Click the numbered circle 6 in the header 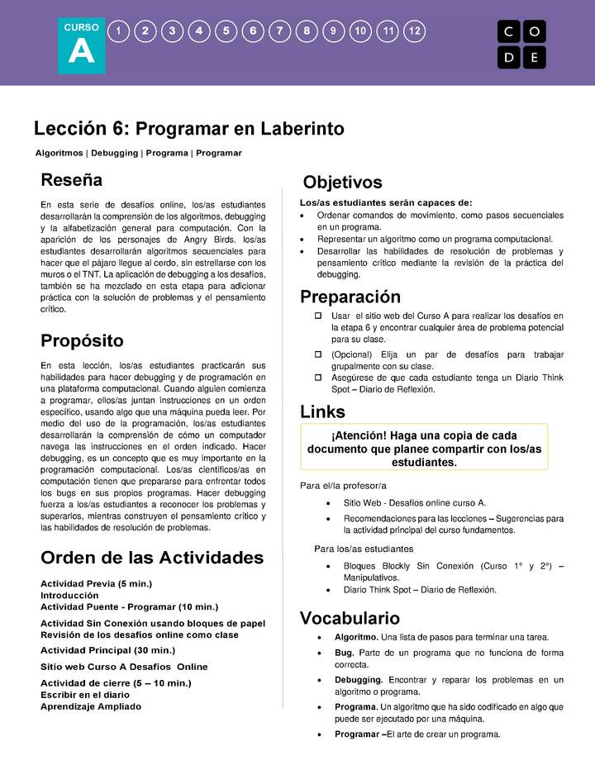click(x=253, y=31)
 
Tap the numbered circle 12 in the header click(x=415, y=31)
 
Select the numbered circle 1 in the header click(x=119, y=31)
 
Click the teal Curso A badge click(x=82, y=45)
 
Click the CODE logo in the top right click(x=521, y=44)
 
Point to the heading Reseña click(x=72, y=179)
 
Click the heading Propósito click(x=82, y=340)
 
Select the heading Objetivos click(x=342, y=182)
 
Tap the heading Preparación click(x=350, y=297)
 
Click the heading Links click(x=322, y=411)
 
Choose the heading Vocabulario click(x=350, y=618)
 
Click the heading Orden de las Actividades click(x=152, y=557)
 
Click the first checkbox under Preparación click(x=317, y=316)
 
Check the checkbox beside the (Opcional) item click(x=317, y=354)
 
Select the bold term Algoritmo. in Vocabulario click(x=356, y=637)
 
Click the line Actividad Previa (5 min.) click(x=96, y=584)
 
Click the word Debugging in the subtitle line click(x=115, y=153)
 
